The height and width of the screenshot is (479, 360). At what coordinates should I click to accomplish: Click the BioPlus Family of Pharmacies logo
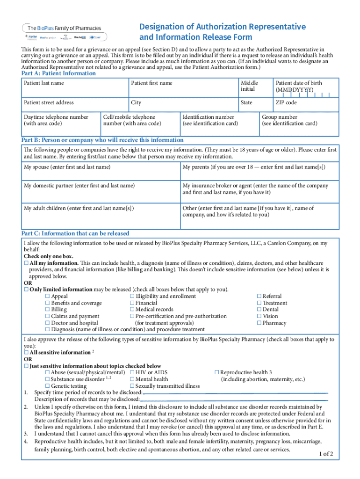tap(63, 31)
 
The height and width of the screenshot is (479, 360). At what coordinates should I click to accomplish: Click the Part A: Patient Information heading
tap(58, 73)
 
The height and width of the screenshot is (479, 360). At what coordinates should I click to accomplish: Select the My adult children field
tap(100, 215)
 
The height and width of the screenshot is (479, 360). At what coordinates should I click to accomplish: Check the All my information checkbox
tap(26, 263)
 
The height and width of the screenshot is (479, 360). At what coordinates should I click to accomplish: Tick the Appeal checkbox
tap(47, 297)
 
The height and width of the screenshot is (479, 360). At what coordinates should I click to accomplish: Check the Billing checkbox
tap(47, 310)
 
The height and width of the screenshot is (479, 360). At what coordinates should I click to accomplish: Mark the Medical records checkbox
tap(132, 310)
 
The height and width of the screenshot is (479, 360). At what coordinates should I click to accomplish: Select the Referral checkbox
tap(259, 297)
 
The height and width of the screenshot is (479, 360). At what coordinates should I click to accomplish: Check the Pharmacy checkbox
tap(259, 323)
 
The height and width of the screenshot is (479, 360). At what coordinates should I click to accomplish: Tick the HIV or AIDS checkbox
tap(132, 373)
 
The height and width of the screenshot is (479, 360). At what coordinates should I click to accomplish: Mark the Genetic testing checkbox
tap(47, 386)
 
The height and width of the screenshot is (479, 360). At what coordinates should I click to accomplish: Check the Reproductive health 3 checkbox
tap(217, 373)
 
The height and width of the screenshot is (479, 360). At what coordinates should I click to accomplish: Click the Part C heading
tap(75, 233)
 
